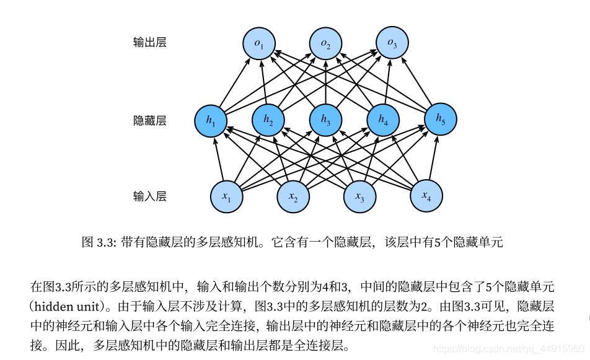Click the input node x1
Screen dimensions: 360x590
point(226,196)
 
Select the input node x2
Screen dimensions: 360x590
point(293,196)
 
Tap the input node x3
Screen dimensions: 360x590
point(359,196)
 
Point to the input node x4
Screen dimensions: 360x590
point(426,196)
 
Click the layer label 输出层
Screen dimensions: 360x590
point(150,43)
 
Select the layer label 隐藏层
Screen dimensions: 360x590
point(150,120)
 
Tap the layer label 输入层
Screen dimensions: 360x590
point(150,196)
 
